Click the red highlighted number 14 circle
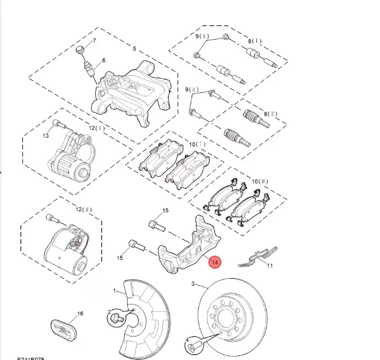tap(215, 262)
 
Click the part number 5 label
tap(134, 49)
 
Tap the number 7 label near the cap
tap(94, 41)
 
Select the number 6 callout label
tap(104, 61)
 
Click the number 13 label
tap(46, 136)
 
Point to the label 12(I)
tap(96, 128)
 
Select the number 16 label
tap(80, 314)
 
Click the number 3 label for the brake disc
tap(192, 283)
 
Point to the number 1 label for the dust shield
tap(113, 291)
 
